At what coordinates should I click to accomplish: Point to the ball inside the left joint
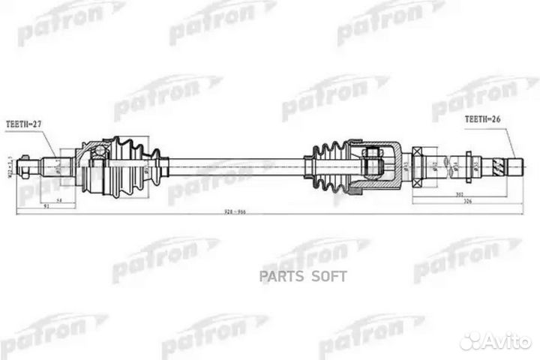click(98, 154)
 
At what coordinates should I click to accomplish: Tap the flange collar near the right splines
click(469, 163)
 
